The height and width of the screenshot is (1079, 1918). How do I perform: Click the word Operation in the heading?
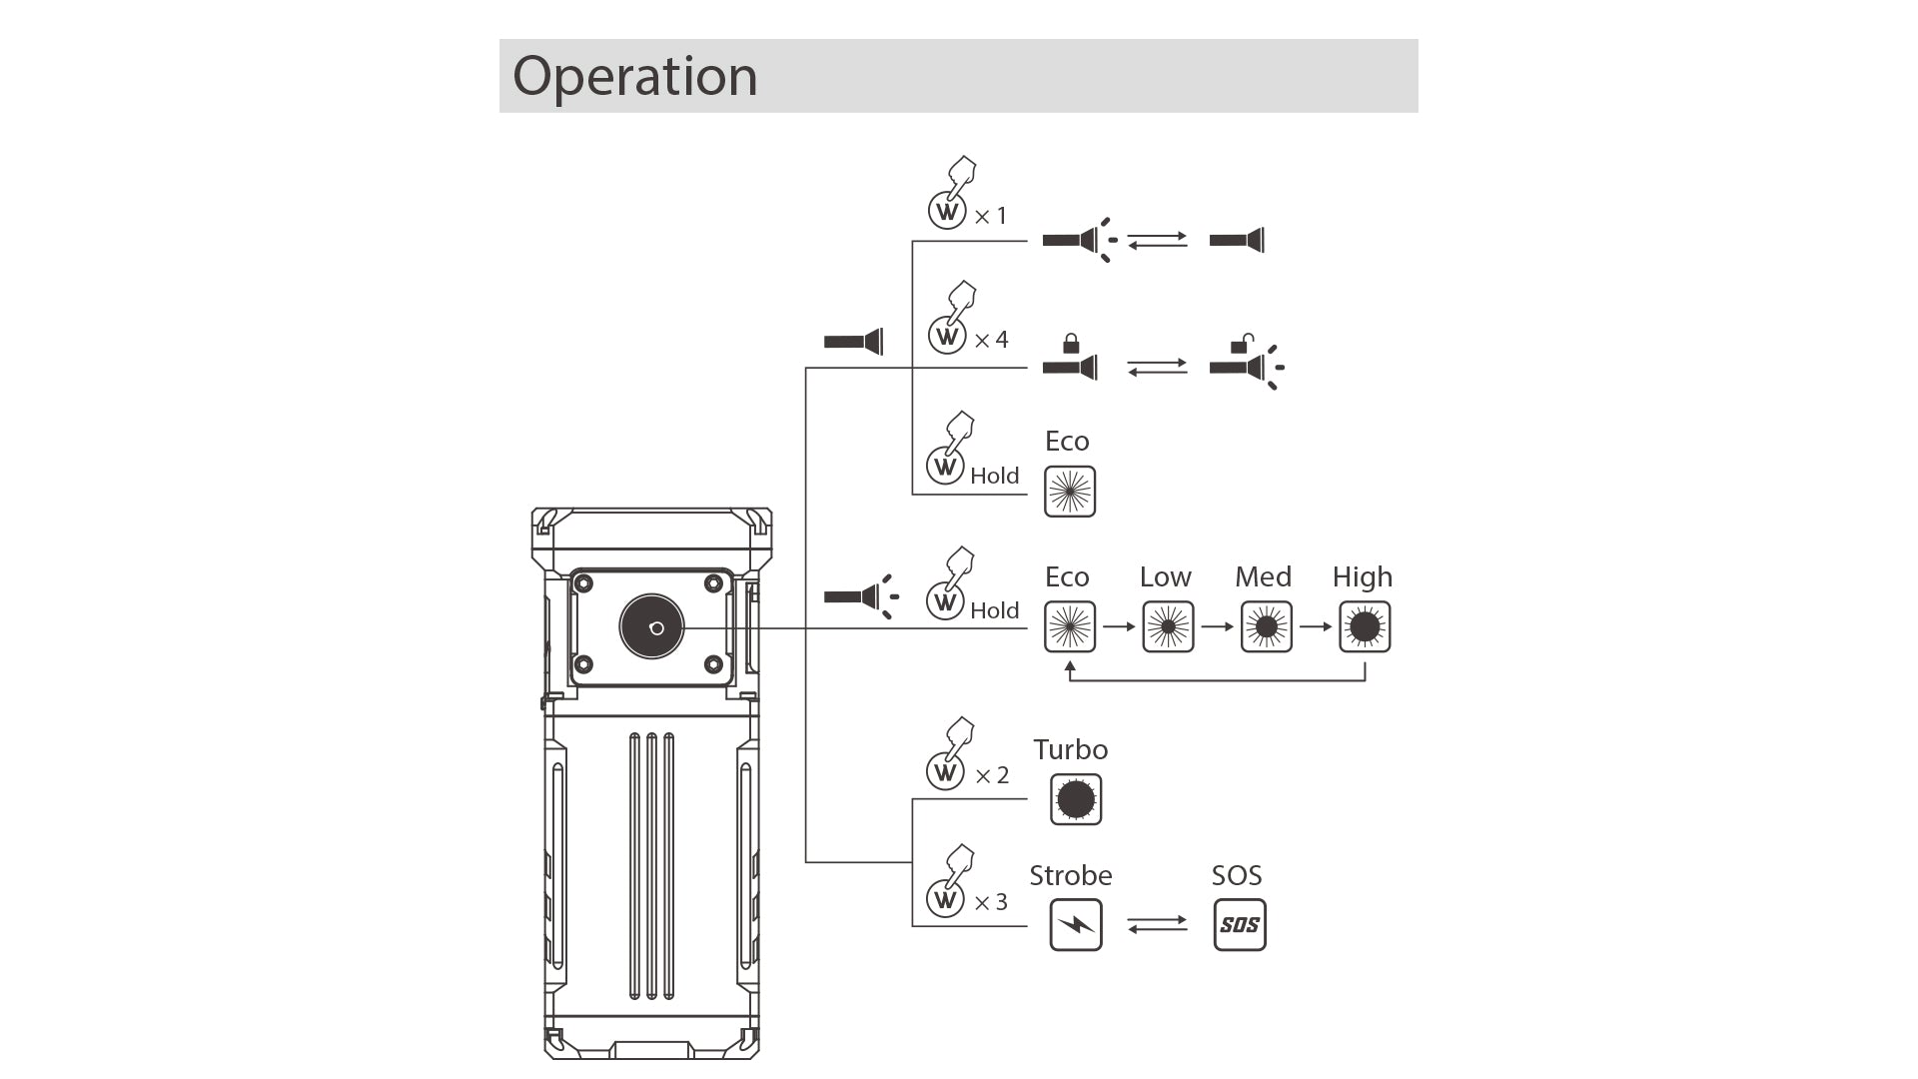click(635, 77)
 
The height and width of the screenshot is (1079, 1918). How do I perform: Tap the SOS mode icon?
click(1239, 925)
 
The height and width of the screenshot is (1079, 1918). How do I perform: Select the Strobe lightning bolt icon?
click(1076, 925)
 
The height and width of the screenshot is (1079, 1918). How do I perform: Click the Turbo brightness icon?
click(1076, 799)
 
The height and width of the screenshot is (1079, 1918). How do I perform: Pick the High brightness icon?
click(1365, 627)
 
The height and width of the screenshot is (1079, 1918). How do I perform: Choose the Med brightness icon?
click(1266, 627)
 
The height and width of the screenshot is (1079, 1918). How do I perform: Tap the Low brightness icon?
click(1168, 627)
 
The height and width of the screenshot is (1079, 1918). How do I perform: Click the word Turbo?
click(1070, 750)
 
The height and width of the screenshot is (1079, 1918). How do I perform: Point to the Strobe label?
click(1070, 876)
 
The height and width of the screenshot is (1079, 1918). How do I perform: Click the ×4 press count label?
click(991, 341)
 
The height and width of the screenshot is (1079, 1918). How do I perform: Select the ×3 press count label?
click(991, 903)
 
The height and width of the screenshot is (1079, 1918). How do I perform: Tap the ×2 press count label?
click(991, 776)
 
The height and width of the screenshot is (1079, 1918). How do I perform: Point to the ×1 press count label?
click(990, 216)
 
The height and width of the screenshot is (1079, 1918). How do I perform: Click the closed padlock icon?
click(1071, 345)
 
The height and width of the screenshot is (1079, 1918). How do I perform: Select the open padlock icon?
click(1241, 345)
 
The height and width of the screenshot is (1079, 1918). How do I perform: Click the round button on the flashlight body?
click(652, 627)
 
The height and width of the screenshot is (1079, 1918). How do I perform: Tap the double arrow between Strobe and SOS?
click(1157, 925)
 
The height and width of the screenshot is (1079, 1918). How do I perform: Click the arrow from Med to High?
click(1316, 627)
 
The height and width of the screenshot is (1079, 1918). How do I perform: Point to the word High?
click(1362, 577)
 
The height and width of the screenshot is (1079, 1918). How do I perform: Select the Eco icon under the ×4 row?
click(1070, 492)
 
